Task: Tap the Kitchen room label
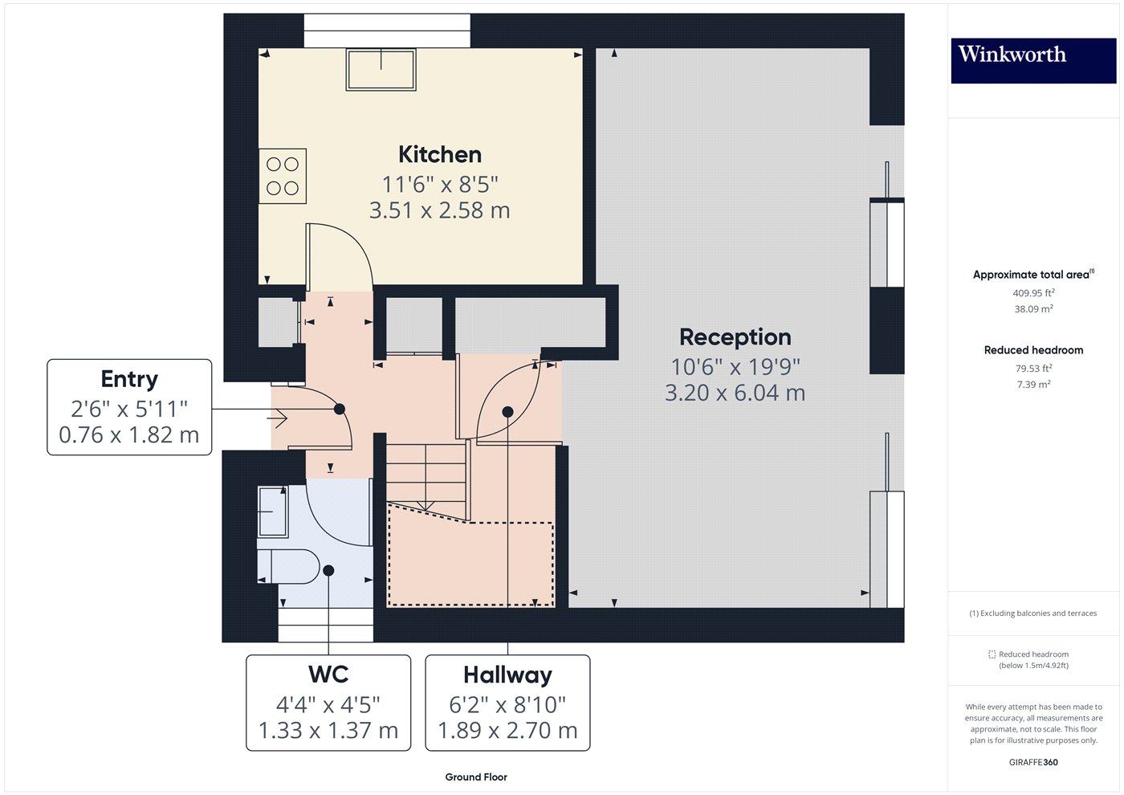440,154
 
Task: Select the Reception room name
735,337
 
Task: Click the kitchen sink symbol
381,69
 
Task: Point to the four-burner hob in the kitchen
282,176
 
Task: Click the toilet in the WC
289,565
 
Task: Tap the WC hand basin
272,512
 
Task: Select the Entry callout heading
129,379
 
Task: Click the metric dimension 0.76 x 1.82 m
129,435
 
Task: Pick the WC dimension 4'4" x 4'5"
328,704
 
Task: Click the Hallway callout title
507,675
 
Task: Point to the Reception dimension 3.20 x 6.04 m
735,393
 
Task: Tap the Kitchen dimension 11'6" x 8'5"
440,184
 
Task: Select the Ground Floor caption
476,777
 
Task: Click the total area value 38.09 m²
1033,308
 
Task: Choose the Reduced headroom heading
1033,350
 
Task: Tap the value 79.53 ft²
1033,369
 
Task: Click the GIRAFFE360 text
1033,762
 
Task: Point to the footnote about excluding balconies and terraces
1032,614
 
